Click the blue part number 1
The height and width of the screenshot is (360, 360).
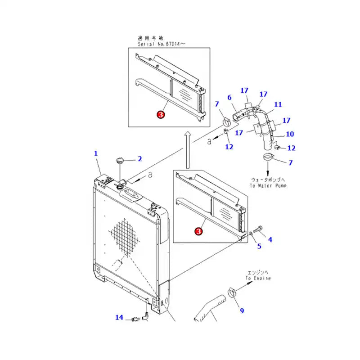pos(96,153)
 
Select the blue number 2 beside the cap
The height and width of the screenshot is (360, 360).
pos(139,158)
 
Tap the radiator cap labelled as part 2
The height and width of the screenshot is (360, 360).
pos(121,160)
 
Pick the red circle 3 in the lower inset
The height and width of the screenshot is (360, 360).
pos(198,231)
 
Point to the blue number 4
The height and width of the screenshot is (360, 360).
pos(270,240)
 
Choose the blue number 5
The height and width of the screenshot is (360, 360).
pos(259,246)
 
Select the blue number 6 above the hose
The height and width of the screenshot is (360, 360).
pos(229,97)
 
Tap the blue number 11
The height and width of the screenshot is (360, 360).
pos(278,104)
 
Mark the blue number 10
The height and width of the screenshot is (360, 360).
pos(290,134)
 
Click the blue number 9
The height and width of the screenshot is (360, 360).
pos(241,310)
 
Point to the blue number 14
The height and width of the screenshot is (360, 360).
pos(119,318)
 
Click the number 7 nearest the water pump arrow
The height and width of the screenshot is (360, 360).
pos(290,162)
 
